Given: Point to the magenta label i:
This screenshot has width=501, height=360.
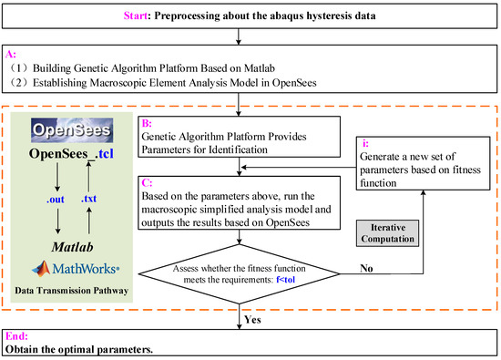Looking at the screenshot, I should click(x=365, y=142).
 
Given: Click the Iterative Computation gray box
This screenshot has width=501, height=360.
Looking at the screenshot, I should click(x=388, y=230).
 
